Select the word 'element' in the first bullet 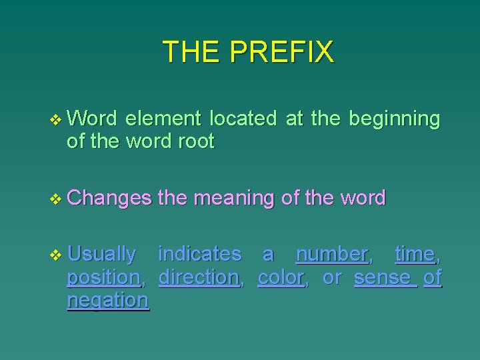pos(163,119)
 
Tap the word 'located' pos(243,119)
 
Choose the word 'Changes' pos(109,198)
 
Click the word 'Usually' pos(102,255)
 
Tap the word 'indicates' pos(199,254)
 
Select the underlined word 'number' pos(331,254)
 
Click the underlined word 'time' pos(414,254)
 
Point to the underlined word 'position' pos(103,277)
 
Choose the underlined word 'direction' pos(199,277)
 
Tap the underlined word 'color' pos(281,277)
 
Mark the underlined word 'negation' pos(107,301)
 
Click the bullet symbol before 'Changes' pos(55,198)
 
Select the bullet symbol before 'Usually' pos(55,254)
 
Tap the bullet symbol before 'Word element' pos(55,119)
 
